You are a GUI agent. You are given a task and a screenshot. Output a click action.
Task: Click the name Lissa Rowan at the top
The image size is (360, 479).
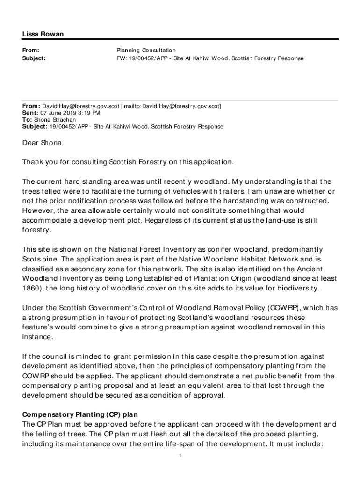43,34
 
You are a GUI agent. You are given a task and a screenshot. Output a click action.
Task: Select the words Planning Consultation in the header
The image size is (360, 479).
146,50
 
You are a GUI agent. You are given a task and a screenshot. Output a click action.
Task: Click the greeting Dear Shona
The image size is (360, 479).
42,143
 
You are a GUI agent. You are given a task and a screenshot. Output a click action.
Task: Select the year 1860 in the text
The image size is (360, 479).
31,288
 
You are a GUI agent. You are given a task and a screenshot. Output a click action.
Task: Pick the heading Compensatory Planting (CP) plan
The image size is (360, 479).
80,415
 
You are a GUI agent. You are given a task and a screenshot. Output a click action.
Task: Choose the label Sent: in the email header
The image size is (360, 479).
30,113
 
